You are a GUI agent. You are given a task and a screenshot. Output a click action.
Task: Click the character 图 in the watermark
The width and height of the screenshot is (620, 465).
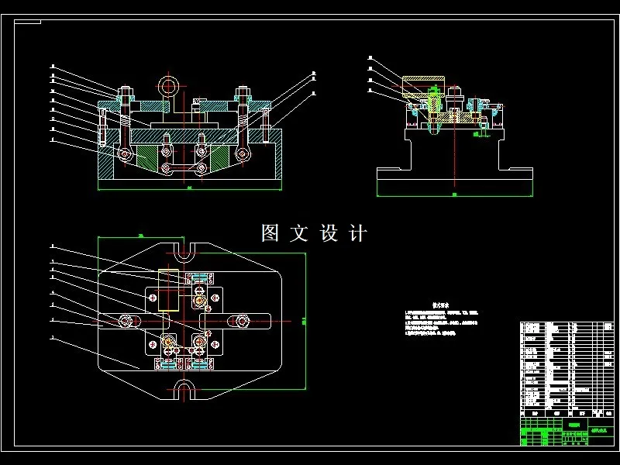(x=270, y=233)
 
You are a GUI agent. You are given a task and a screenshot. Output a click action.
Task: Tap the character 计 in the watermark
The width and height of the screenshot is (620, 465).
(x=357, y=233)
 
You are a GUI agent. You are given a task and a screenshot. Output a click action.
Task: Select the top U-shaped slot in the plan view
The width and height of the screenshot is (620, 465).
(x=184, y=253)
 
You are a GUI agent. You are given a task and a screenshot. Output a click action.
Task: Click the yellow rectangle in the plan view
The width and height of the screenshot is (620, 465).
(x=168, y=288)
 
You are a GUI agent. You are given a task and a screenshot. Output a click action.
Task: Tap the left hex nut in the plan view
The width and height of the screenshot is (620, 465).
(x=126, y=320)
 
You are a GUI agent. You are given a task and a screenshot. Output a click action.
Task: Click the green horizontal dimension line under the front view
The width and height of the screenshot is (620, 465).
(x=190, y=188)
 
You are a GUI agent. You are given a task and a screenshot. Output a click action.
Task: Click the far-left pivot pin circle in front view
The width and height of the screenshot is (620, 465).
(x=124, y=154)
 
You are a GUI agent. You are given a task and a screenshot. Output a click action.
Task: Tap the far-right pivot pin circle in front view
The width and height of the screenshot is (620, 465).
(x=243, y=154)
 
